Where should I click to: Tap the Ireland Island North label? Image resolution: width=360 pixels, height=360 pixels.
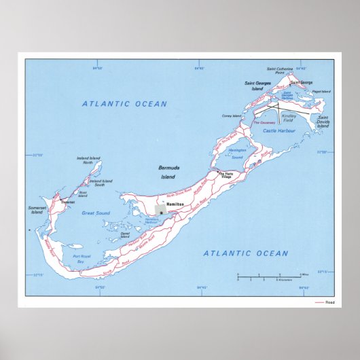pyautogui.click(x=88, y=160)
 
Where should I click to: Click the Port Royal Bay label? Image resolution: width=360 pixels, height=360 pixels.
pyautogui.click(x=82, y=258)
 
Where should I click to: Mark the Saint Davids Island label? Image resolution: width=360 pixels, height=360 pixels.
pyautogui.click(x=323, y=122)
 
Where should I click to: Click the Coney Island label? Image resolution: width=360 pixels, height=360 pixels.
pyautogui.click(x=232, y=116)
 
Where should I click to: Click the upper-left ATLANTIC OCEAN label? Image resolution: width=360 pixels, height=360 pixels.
pyautogui.click(x=124, y=104)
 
